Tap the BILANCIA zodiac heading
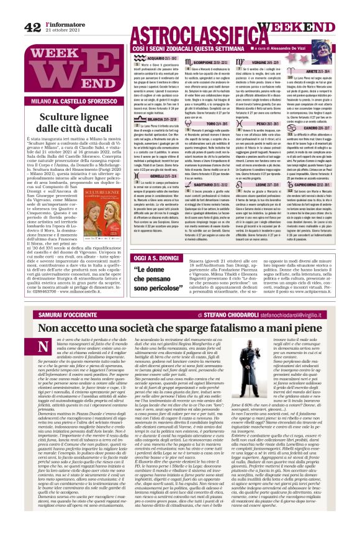pyautogui.click(x=145, y=119)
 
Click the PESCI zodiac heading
pyautogui.click(x=271, y=122)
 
